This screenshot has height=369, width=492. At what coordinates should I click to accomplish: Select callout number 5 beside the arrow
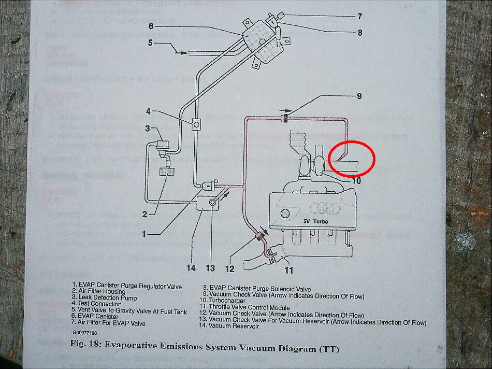tap(150, 43)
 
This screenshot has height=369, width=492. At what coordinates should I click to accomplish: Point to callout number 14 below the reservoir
tap(191, 268)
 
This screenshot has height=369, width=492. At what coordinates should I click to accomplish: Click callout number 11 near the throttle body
tap(288, 269)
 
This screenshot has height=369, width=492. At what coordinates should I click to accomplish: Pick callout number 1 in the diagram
tap(144, 234)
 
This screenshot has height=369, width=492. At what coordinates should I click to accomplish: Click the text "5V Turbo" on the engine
tap(320, 221)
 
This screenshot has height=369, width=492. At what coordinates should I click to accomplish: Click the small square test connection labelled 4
tap(197, 124)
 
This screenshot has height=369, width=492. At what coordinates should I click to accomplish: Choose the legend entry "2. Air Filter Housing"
tap(99, 292)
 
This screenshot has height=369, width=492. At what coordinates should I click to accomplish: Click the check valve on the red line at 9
tap(283, 119)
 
